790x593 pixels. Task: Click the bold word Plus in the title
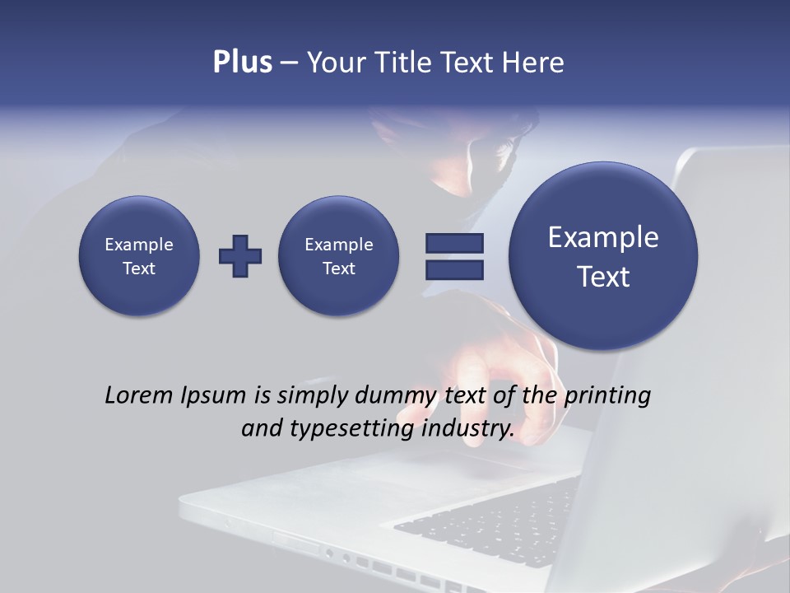[x=242, y=63]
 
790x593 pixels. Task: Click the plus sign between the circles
[x=240, y=256]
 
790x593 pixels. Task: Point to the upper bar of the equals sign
[x=454, y=243]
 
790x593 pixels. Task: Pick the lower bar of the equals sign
[x=454, y=269]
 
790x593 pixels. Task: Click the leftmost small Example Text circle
[x=139, y=256]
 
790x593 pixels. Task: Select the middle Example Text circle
[x=339, y=256]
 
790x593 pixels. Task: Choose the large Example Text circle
[x=603, y=256]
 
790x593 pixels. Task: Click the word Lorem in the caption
[x=137, y=395]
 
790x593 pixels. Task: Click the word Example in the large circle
[x=603, y=237]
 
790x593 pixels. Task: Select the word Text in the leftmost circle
[x=139, y=268]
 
